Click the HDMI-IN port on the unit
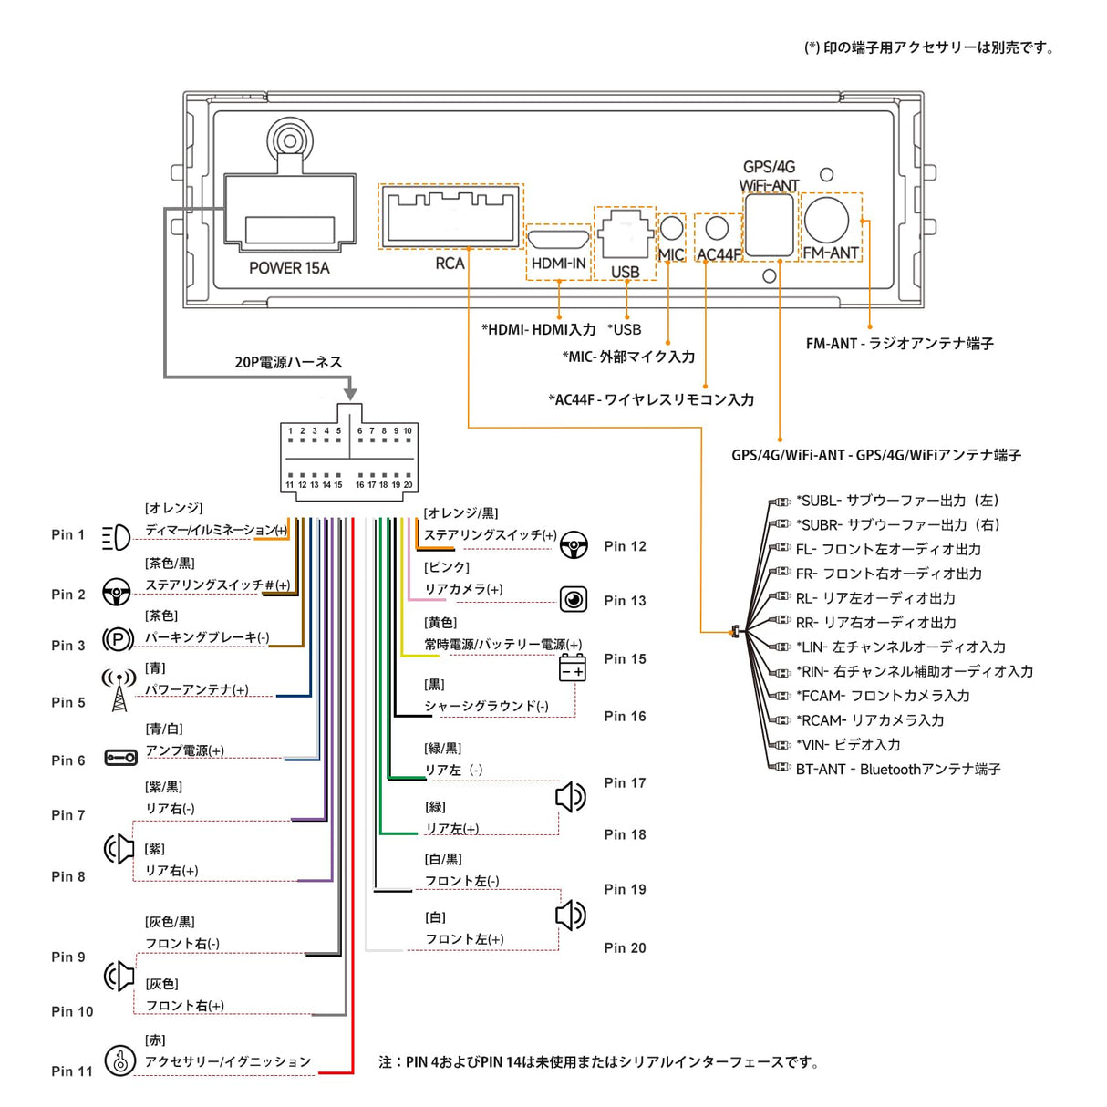pos(558,241)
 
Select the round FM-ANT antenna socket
pos(826,220)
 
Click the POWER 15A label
pos(289,268)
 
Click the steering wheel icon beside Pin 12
pos(574,544)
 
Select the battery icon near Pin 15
pos(572,668)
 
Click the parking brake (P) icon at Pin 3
pos(118,640)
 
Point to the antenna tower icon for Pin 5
pos(119,690)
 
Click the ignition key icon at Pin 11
pos(119,1060)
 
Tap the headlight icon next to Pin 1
pos(116,538)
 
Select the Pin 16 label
pos(625,717)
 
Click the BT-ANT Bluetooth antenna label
pos(897,770)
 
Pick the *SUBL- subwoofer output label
pos(897,501)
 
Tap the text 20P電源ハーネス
pos(288,363)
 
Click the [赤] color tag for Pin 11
pos(155,1040)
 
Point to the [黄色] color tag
pos(440,623)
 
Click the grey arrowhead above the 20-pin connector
pos(350,393)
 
